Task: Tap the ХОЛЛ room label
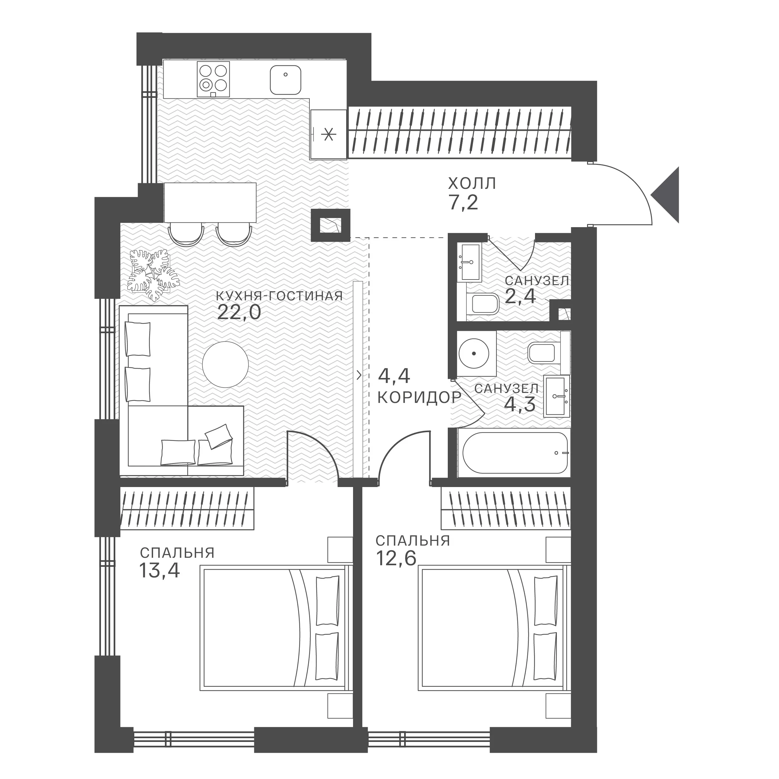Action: click(472, 184)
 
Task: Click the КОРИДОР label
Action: click(419, 398)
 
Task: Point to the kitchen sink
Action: click(285, 80)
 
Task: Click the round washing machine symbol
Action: click(474, 353)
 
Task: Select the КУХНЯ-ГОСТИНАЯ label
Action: click(280, 296)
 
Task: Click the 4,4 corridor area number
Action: click(394, 376)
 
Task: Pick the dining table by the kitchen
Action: click(210, 203)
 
